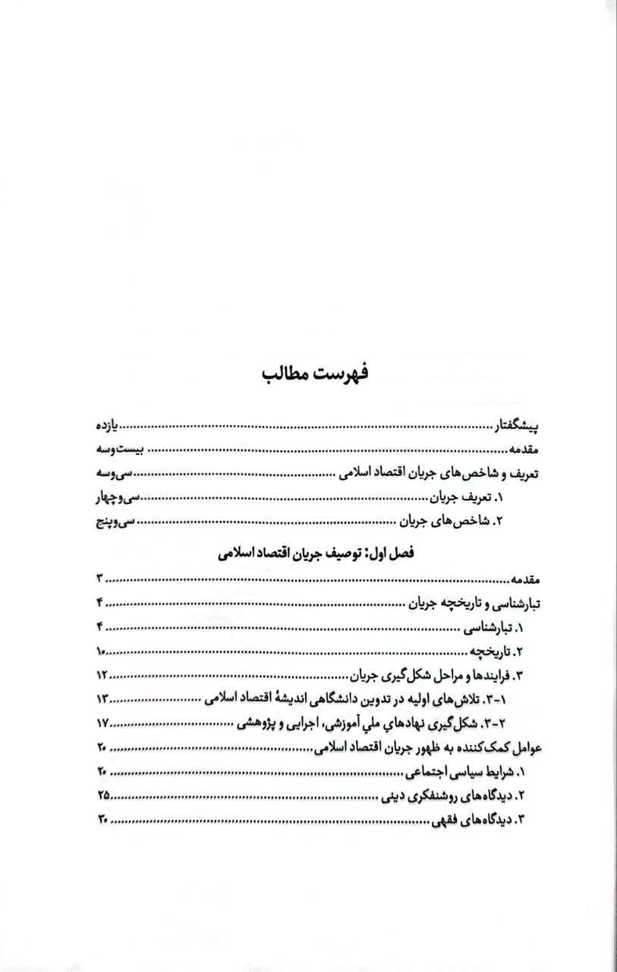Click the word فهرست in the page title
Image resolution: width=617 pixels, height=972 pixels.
coord(341,376)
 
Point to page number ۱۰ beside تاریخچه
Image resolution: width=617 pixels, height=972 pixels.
coord(102,651)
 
